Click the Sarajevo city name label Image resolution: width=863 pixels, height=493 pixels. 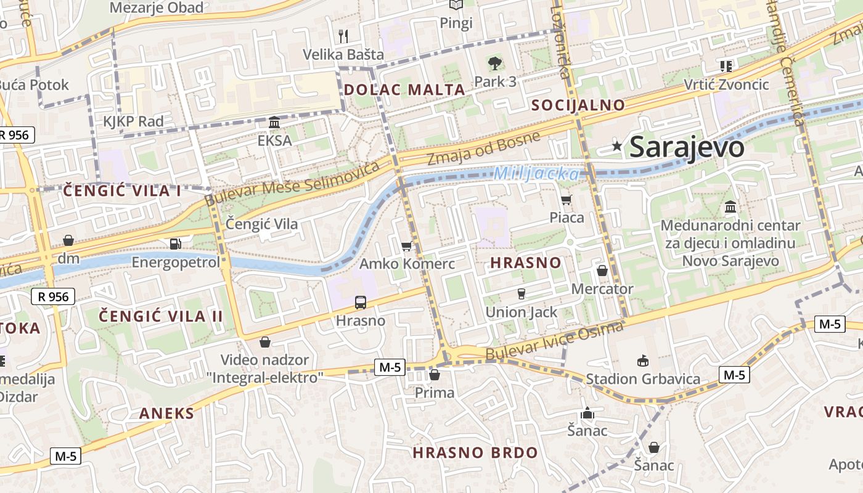687,147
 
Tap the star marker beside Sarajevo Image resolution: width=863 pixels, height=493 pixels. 617,146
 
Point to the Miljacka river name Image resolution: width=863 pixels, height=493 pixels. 536,174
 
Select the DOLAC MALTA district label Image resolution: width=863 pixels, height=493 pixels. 404,89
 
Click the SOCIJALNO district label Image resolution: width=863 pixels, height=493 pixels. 578,105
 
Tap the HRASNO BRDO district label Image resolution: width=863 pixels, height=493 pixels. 475,453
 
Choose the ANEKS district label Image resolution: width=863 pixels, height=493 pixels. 166,413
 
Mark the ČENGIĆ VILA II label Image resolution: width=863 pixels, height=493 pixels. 161,316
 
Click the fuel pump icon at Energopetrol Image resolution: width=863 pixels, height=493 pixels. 176,244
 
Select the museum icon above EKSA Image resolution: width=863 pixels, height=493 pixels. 274,123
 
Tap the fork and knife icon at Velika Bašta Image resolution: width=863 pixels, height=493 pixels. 343,36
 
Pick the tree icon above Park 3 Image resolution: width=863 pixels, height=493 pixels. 494,63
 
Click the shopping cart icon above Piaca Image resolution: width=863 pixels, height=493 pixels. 566,199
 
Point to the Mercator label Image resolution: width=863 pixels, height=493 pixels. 602,288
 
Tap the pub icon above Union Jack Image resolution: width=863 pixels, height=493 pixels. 521,294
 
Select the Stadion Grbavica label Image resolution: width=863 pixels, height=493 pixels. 643,378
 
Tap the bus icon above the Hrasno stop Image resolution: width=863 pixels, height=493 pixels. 361,303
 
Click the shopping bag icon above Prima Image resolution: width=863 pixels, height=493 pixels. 435,375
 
